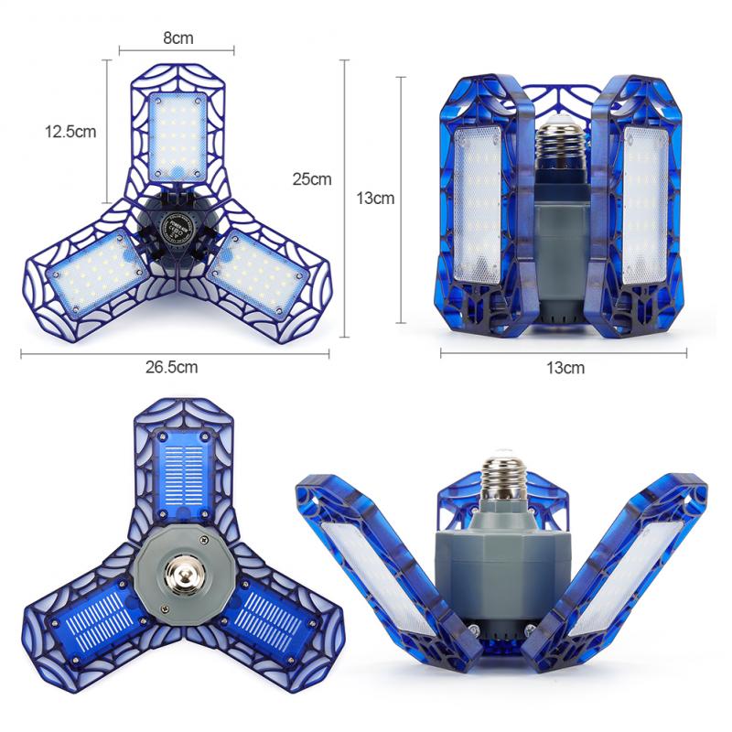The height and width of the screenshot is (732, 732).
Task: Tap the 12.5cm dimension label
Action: pos(70,131)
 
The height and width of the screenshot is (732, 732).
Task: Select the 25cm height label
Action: pos(312,178)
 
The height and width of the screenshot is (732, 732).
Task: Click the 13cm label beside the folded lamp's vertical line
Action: pos(375,199)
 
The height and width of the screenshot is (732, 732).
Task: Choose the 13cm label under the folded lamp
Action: pos(565,368)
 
